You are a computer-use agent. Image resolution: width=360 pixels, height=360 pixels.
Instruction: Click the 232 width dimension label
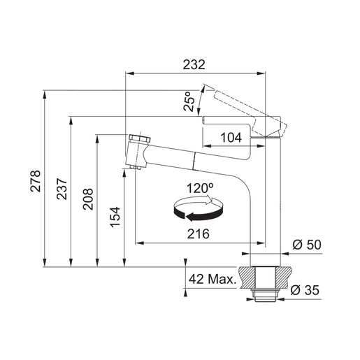(194, 64)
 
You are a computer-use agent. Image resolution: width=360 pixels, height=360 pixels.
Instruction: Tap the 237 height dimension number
(62, 189)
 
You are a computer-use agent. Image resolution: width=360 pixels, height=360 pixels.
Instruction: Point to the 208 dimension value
(88, 199)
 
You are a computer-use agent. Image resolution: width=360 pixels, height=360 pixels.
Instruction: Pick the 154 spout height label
(115, 217)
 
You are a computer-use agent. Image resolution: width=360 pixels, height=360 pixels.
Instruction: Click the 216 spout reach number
(199, 233)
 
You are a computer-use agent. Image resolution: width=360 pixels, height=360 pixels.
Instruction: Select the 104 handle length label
(231, 137)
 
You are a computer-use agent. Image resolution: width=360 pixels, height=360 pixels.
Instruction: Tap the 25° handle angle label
(189, 101)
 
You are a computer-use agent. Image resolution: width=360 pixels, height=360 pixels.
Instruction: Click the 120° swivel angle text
(200, 188)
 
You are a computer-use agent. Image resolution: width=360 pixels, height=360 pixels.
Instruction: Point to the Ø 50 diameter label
(307, 245)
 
